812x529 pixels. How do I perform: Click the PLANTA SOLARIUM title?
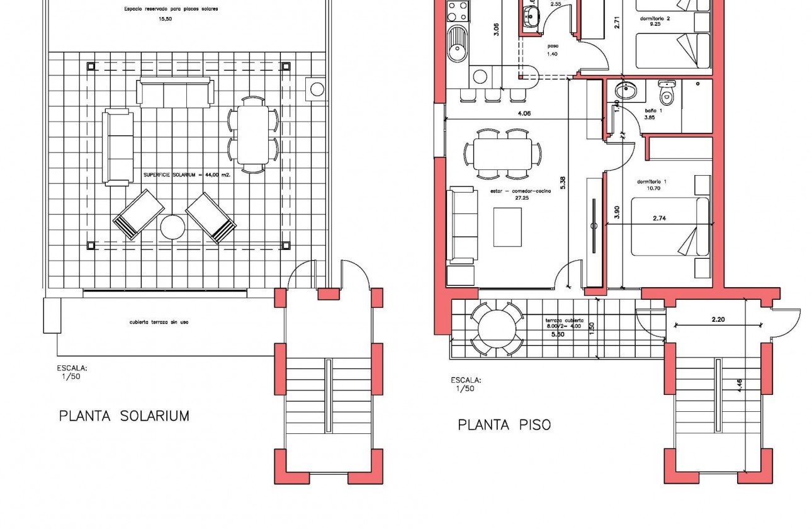(x=124, y=416)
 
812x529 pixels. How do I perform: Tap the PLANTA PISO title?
(x=504, y=425)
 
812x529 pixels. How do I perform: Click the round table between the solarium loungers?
(x=172, y=227)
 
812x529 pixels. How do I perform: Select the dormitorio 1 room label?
(x=651, y=185)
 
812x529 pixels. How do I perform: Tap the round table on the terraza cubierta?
(x=497, y=328)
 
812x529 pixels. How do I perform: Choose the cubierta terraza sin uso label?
(x=159, y=322)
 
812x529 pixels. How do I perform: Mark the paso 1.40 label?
(x=553, y=50)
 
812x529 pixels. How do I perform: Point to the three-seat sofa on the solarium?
(x=175, y=93)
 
